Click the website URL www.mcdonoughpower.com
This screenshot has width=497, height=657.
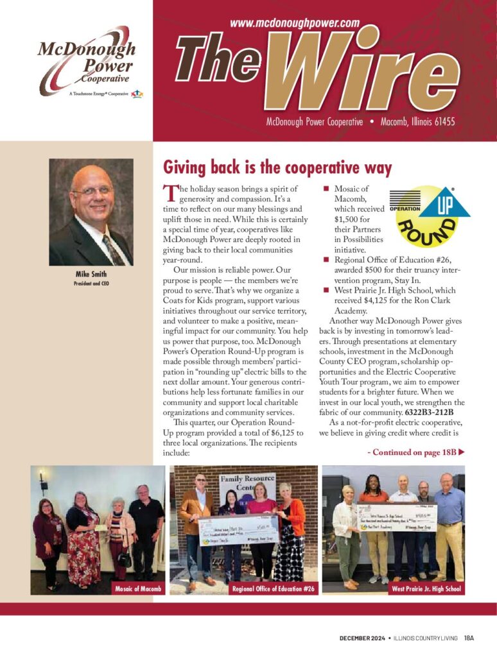coord(294,22)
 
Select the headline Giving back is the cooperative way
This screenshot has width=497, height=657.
coord(277,168)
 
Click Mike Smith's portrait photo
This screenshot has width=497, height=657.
coord(91,212)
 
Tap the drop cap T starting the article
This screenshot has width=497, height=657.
coord(169,192)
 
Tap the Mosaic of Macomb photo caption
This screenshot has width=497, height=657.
coord(138,588)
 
